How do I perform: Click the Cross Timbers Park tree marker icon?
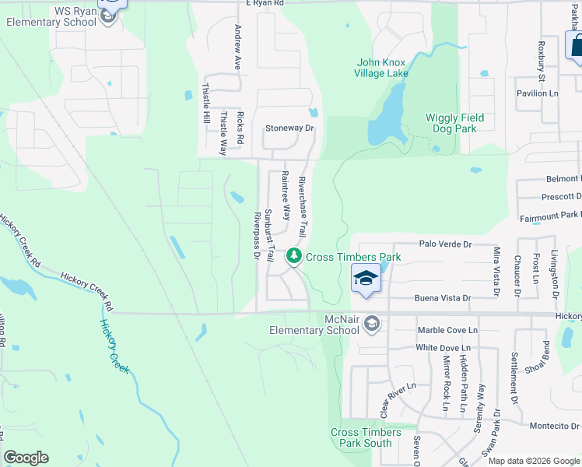coord(293,255)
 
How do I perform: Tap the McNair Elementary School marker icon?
coord(372,322)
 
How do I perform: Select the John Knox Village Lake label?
coord(381,68)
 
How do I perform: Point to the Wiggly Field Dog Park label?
coord(454,123)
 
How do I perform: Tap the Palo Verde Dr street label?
coord(445,244)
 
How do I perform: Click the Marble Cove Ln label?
coord(447,330)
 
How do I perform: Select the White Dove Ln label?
coord(444,347)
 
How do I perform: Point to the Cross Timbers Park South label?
coord(366,437)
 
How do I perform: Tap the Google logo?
coord(26,458)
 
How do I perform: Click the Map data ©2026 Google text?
coord(533,461)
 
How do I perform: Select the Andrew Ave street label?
coord(238,47)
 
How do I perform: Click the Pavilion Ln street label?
coord(538,93)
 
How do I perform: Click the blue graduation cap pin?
coord(366,278)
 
